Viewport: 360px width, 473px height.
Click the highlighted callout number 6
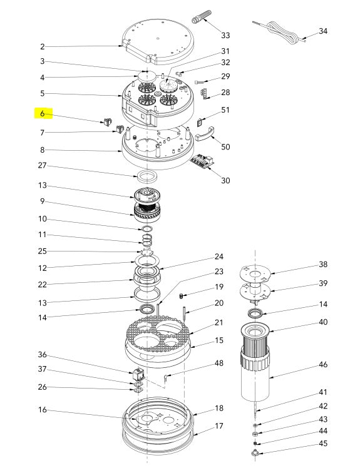pyautogui.click(x=42, y=113)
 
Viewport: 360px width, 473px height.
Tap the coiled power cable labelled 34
pyautogui.click(x=280, y=32)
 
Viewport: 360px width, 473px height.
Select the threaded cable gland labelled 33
pyautogui.click(x=202, y=17)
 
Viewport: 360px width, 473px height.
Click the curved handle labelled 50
pyautogui.click(x=205, y=134)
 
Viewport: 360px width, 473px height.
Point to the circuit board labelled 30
pyautogui.click(x=203, y=161)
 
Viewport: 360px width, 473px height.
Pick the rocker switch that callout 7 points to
pyautogui.click(x=119, y=129)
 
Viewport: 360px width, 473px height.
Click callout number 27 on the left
pyautogui.click(x=42, y=165)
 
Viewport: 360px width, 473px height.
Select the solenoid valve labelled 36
pyautogui.click(x=137, y=374)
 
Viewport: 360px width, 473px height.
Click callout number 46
pyautogui.click(x=323, y=364)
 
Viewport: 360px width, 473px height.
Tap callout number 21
pyautogui.click(x=219, y=322)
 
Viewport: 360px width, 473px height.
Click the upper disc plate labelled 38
pyautogui.click(x=255, y=274)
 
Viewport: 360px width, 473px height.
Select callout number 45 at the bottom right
pyautogui.click(x=323, y=444)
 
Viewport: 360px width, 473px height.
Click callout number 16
pyautogui.click(x=42, y=410)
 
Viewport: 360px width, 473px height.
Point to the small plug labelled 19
pyautogui.click(x=182, y=296)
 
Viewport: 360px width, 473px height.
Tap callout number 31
pyautogui.click(x=225, y=51)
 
